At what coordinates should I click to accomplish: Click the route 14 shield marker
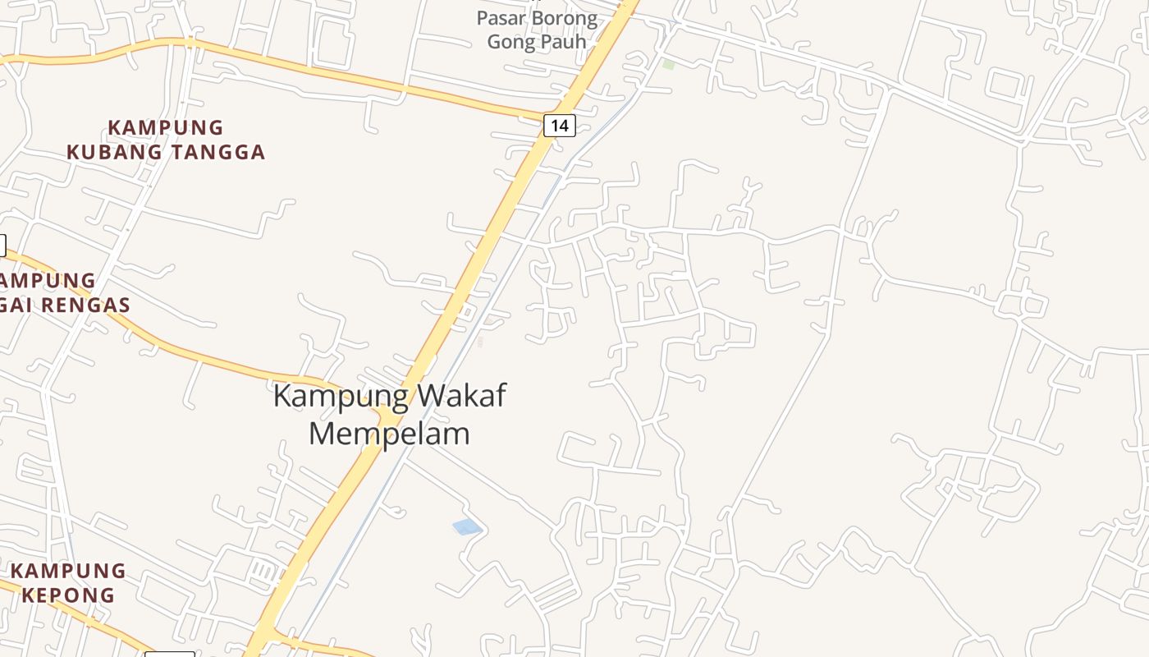coord(559,126)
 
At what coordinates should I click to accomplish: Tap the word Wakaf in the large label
coord(461,396)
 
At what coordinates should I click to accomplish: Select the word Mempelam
coord(389,434)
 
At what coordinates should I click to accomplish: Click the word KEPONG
coord(68,595)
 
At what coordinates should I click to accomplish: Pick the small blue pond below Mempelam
coord(467,526)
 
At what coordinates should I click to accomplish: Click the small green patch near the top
coord(669,64)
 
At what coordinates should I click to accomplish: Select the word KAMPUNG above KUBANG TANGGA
coord(166,128)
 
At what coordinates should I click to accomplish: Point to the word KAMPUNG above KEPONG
coord(68,571)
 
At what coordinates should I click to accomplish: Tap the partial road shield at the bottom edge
coord(169,654)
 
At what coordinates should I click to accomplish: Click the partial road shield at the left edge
coord(2,245)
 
